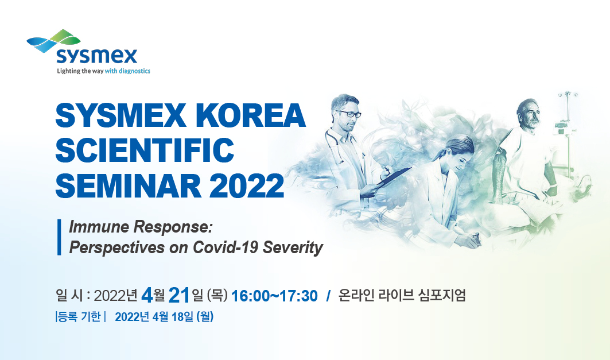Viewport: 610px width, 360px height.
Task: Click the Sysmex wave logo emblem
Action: coord(54,41)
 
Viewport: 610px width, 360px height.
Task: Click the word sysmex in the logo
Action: coord(97,56)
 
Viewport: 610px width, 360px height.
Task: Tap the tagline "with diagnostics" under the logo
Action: coord(127,71)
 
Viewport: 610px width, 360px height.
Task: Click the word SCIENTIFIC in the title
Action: coord(145,150)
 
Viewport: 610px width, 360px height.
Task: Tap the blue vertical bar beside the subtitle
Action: coord(59,237)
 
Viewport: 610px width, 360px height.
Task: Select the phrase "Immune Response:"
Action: coord(141,227)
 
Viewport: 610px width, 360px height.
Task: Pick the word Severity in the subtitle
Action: coord(293,248)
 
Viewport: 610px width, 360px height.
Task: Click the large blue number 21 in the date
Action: coord(179,295)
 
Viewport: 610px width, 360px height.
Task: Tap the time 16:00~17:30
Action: coord(274,296)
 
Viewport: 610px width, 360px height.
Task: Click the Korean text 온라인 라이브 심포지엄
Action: coord(402,295)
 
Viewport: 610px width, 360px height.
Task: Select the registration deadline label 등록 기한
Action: coord(79,316)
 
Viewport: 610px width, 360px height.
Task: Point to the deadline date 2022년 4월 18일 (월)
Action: coord(164,317)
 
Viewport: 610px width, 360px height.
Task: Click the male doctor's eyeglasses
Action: coord(349,114)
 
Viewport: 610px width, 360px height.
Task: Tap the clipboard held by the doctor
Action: coord(393,177)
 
